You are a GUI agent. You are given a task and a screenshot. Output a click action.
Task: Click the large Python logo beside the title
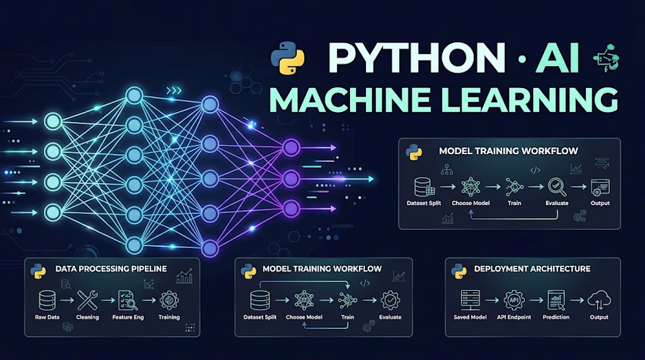tap(287, 58)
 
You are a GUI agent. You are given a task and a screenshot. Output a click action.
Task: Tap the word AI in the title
tap(558, 58)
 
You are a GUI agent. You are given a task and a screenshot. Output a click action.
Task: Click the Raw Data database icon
tap(47, 300)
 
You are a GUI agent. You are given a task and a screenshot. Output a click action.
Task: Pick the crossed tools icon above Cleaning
tap(87, 300)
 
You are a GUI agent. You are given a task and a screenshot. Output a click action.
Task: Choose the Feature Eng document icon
tap(127, 300)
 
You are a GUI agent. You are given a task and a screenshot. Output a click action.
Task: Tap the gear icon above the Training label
tap(169, 300)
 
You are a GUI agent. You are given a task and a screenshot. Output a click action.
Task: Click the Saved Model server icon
tap(470, 300)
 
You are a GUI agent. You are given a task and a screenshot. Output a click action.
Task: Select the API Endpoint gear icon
tap(514, 300)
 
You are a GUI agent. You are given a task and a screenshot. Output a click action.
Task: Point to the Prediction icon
tap(556, 300)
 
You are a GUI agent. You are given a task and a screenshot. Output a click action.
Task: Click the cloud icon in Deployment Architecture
tap(599, 300)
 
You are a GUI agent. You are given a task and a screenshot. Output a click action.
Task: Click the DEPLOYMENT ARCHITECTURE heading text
tap(532, 269)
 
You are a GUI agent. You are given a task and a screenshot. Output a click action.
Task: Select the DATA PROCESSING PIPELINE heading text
tap(111, 269)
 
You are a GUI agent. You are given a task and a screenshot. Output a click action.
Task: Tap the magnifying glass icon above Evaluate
tap(557, 187)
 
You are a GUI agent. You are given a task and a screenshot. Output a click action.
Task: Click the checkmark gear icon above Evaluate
tap(390, 300)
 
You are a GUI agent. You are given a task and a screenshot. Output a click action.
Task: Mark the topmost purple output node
tap(291, 148)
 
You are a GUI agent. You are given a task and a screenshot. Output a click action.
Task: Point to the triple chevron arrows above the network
tap(174, 90)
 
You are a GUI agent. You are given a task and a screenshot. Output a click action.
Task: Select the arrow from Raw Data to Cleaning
tap(67, 300)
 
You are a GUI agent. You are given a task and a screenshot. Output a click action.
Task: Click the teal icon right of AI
tap(606, 59)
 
